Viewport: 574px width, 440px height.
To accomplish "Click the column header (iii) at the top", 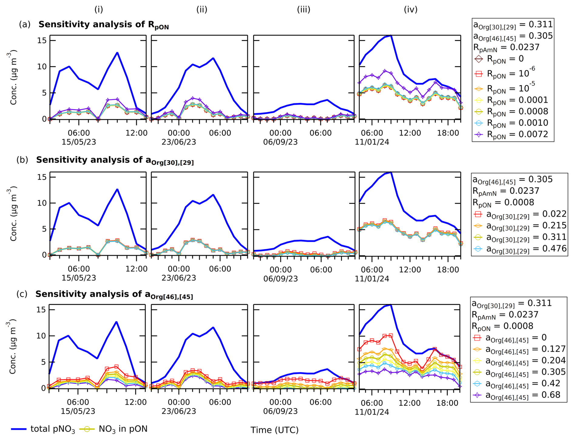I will [x=303, y=9].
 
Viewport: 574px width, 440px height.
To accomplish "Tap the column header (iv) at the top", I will [x=410, y=9].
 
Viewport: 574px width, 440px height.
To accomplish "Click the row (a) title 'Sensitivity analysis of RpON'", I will [x=103, y=25].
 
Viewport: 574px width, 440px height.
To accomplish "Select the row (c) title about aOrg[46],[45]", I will [x=114, y=295].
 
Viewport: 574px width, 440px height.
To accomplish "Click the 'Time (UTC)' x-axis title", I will [x=274, y=430].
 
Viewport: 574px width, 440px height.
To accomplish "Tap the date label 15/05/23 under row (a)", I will [x=79, y=142].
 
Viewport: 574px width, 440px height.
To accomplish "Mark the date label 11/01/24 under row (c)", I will [x=372, y=412].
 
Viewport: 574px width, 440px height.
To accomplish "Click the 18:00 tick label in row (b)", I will [x=448, y=270].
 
